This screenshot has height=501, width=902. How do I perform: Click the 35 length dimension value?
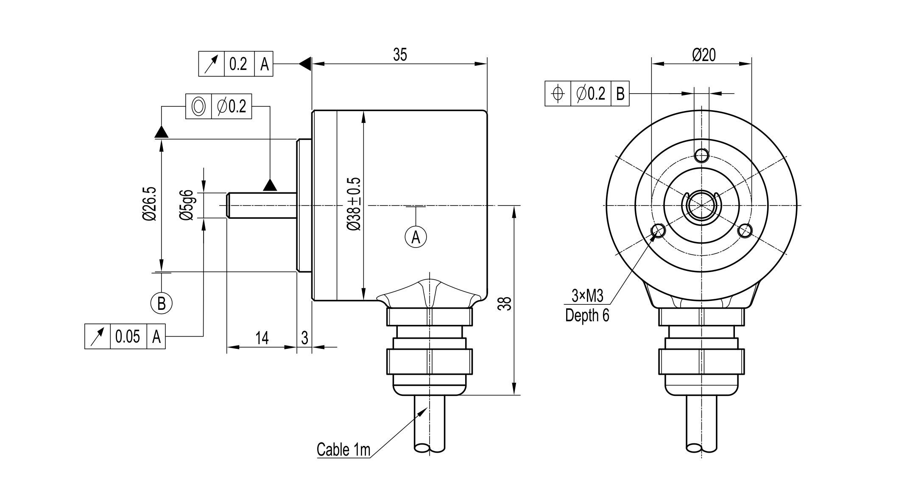[399, 55]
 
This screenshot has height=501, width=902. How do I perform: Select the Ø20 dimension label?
[704, 55]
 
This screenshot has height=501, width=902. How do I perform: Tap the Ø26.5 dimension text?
[150, 203]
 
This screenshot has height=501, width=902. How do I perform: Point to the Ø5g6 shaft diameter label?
[186, 205]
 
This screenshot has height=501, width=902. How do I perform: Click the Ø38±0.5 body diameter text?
[354, 204]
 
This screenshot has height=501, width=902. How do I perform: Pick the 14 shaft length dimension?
[262, 338]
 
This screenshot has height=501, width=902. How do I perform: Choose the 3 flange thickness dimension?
[304, 338]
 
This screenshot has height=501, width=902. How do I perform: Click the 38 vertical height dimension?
[505, 303]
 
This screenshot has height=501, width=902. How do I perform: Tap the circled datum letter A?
[416, 237]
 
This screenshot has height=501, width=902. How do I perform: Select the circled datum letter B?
[161, 303]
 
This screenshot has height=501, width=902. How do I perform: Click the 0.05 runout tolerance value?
[128, 337]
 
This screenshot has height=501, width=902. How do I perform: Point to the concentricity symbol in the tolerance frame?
[198, 106]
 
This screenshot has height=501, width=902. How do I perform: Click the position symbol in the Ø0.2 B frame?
[558, 93]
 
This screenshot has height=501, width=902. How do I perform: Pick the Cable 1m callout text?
[343, 450]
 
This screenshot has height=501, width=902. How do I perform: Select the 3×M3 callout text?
[587, 296]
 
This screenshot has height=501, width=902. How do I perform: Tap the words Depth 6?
[587, 316]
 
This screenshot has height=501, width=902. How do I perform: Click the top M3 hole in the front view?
[702, 155]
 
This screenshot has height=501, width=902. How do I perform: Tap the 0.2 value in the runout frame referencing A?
[238, 64]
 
